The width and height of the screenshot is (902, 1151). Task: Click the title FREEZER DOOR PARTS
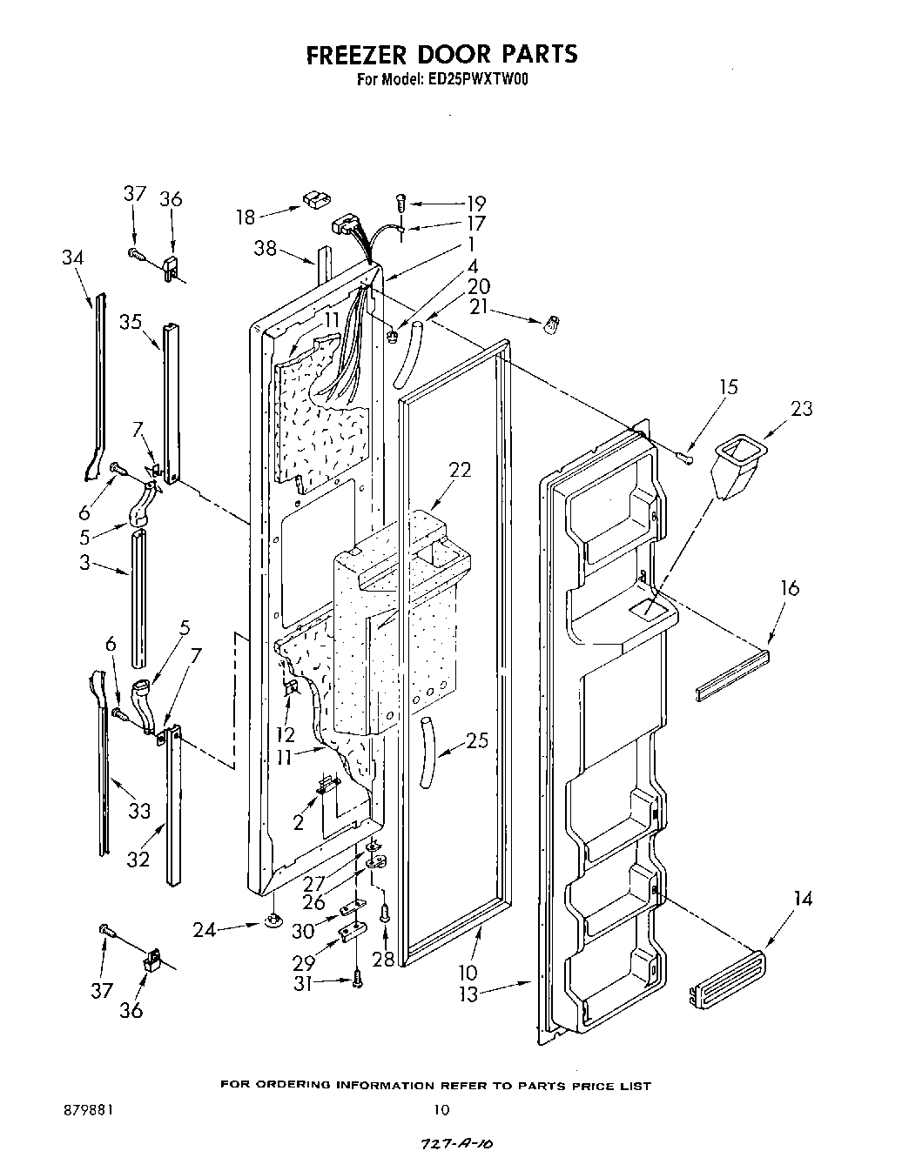(x=441, y=54)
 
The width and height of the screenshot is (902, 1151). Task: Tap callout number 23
(x=801, y=408)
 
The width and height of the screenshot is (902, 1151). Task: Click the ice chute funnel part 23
(x=735, y=468)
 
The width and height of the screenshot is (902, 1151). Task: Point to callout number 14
(x=802, y=899)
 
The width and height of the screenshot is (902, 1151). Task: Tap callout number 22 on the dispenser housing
(x=459, y=470)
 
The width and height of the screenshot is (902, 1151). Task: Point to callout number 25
(x=476, y=741)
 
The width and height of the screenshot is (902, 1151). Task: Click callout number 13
(x=469, y=994)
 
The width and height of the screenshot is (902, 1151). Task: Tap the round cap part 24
(x=273, y=920)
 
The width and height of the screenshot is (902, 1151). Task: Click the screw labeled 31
(x=357, y=980)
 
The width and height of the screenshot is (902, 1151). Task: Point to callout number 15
(x=728, y=387)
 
